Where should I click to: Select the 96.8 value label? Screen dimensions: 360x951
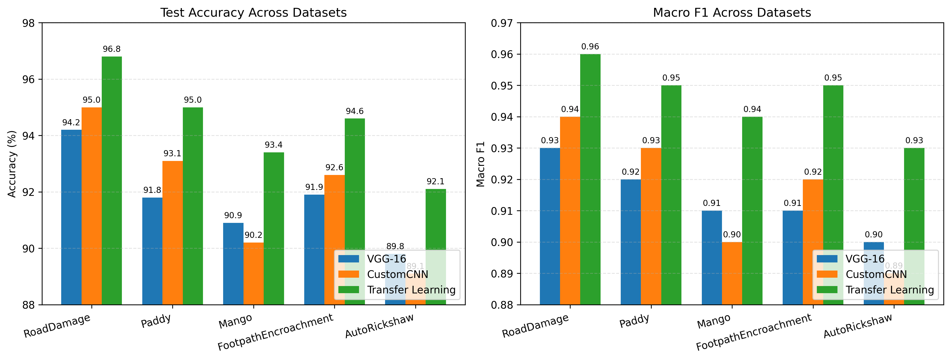112,49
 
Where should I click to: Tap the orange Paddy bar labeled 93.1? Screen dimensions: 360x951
173,233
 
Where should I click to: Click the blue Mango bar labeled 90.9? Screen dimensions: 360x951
233,264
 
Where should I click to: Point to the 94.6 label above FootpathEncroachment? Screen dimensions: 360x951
354,111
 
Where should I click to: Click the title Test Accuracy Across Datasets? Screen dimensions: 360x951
253,13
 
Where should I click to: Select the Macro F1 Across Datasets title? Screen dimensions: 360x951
732,13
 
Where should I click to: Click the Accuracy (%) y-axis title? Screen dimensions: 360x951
12,164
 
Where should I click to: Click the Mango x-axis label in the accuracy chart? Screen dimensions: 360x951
235,321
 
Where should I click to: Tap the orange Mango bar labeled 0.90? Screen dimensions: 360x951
732,273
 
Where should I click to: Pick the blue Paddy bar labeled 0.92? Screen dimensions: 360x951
631,242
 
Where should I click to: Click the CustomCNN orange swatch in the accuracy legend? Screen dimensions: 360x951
348,274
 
